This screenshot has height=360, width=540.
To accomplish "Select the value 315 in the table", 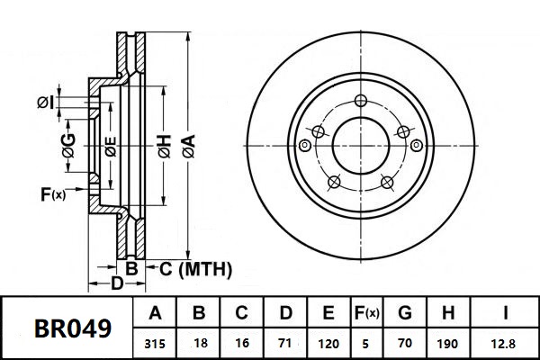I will pyautogui.click(x=155, y=343).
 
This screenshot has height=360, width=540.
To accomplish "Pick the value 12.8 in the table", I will pyautogui.click(x=507, y=343).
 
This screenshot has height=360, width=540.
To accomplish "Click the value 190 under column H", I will pyautogui.click(x=448, y=343).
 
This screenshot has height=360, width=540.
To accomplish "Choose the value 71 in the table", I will pyautogui.click(x=285, y=343).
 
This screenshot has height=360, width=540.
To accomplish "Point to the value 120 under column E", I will pyautogui.click(x=328, y=343).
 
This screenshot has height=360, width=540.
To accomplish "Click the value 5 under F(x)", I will pyautogui.click(x=365, y=343).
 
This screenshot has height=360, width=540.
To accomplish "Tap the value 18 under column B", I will pyautogui.click(x=199, y=343).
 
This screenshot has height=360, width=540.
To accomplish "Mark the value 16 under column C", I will pyautogui.click(x=241, y=343).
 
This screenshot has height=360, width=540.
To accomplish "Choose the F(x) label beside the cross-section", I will pyautogui.click(x=53, y=193).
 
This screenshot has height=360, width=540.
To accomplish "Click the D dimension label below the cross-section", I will pyautogui.click(x=116, y=284).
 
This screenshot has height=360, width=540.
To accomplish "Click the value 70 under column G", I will pyautogui.click(x=405, y=343).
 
